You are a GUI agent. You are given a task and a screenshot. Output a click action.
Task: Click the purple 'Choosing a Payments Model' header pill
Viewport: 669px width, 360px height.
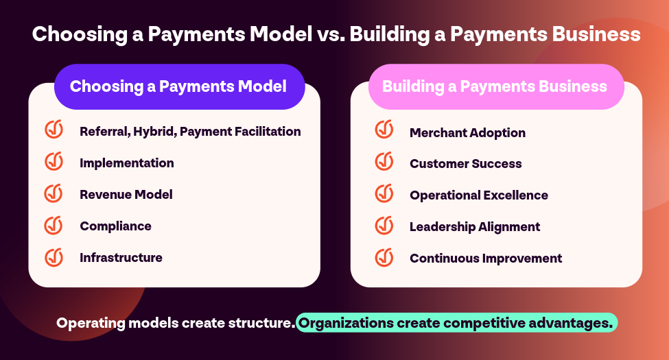coord(179,86)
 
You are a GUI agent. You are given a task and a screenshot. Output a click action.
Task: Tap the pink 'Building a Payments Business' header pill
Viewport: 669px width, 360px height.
coord(496,86)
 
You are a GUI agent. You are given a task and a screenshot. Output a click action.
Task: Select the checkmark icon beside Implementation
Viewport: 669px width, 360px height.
coord(54,161)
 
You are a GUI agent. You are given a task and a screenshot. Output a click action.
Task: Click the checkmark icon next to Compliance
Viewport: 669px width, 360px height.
coord(54,225)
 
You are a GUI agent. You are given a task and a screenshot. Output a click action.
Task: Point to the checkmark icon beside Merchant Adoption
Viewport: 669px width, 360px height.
coord(384,129)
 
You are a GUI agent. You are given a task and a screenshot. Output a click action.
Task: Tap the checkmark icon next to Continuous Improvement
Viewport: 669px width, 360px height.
coord(384,257)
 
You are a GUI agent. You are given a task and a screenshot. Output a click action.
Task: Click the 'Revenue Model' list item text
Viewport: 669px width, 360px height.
coord(126,195)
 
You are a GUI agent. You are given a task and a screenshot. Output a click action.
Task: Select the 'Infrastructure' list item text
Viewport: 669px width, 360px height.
coord(121,258)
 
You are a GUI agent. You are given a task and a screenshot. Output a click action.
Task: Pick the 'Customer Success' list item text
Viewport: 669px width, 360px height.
coord(465,164)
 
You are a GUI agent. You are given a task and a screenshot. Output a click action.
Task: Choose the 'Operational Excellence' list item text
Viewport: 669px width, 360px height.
coord(479,195)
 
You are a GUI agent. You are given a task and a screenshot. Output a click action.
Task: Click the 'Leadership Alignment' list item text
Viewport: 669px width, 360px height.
coord(475,227)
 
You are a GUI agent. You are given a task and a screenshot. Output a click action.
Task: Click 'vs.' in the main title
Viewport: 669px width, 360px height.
coord(331,34)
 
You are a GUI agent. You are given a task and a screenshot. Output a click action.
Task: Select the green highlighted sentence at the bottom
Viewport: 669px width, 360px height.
coord(456,323)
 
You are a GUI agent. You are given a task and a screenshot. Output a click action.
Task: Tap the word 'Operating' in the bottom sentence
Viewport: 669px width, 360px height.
coord(91,324)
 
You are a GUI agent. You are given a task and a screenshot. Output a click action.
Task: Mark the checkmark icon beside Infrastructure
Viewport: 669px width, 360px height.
coord(54,257)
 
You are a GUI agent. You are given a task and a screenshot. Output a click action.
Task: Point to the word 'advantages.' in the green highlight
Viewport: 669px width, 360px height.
coord(570,324)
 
